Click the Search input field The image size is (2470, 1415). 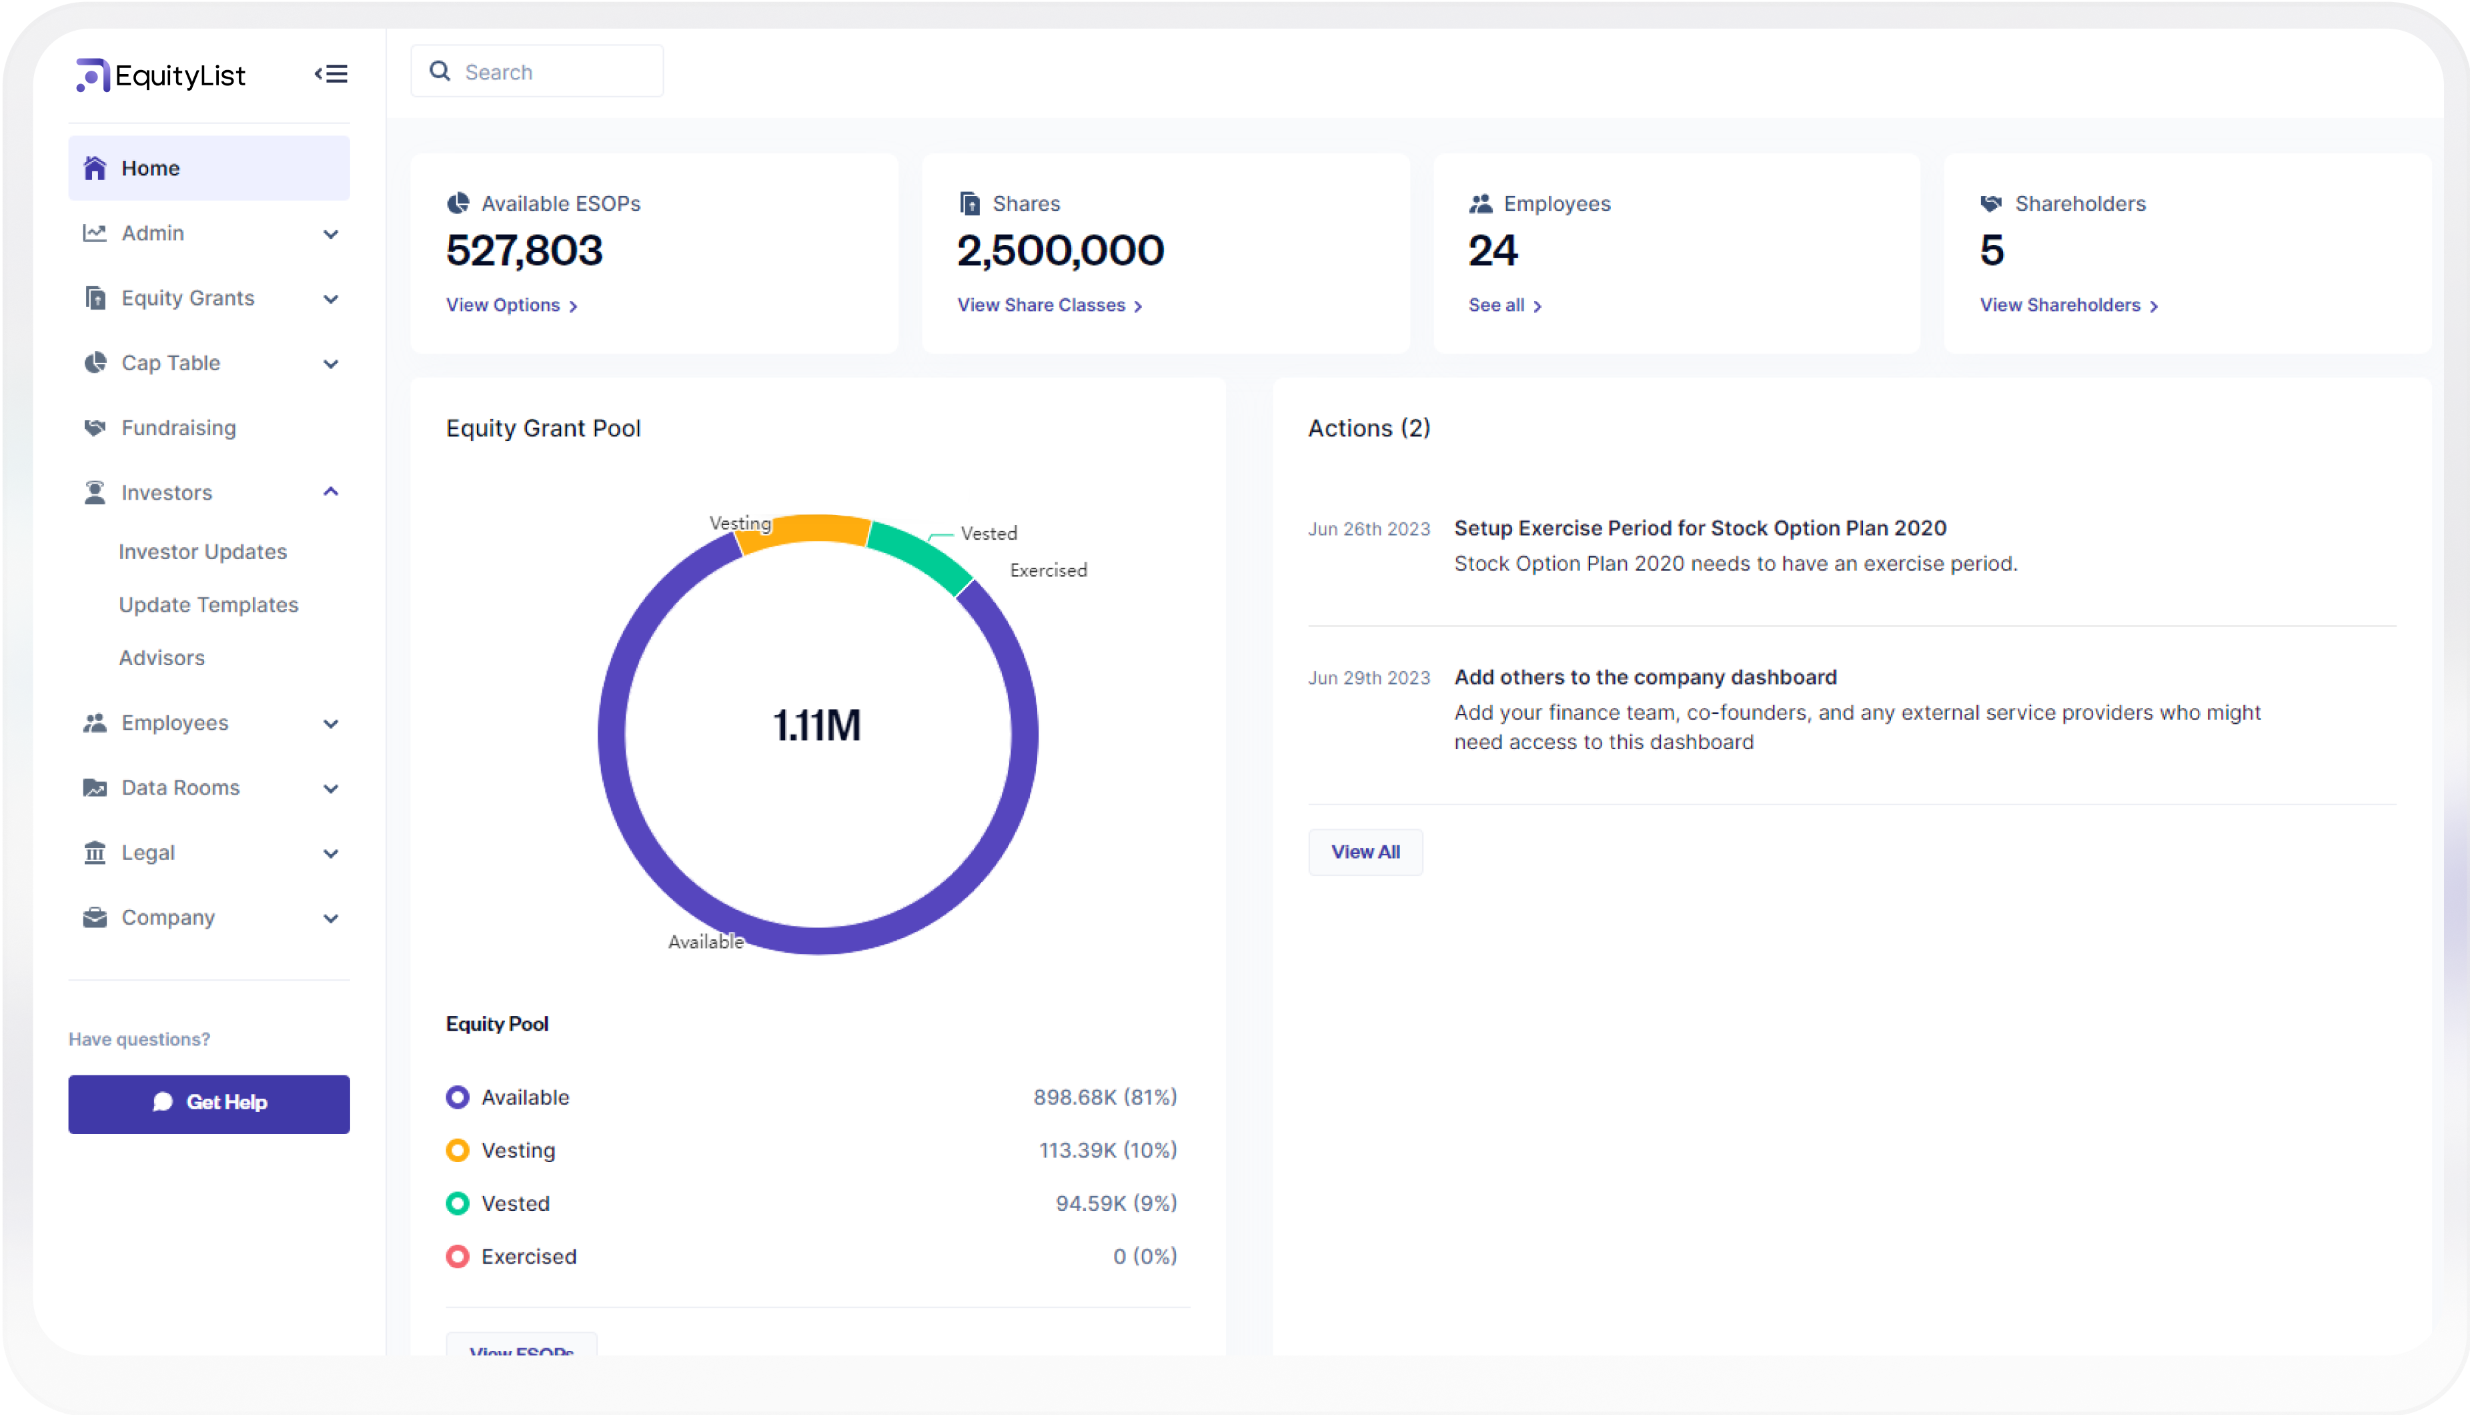(554, 72)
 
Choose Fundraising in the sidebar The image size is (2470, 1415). (179, 428)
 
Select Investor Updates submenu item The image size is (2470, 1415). (202, 552)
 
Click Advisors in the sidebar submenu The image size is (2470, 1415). (161, 658)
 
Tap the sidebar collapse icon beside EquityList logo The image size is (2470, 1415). (330, 74)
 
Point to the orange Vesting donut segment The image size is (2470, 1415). (806, 530)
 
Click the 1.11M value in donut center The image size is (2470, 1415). (816, 726)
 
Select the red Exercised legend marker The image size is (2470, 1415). (457, 1257)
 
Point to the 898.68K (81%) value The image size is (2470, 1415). (1104, 1097)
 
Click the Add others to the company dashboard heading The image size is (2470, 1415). (1644, 677)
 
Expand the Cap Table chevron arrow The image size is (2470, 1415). (330, 364)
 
